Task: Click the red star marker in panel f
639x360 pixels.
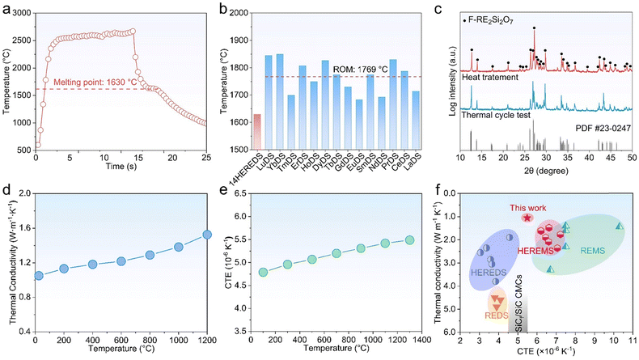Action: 527,218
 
